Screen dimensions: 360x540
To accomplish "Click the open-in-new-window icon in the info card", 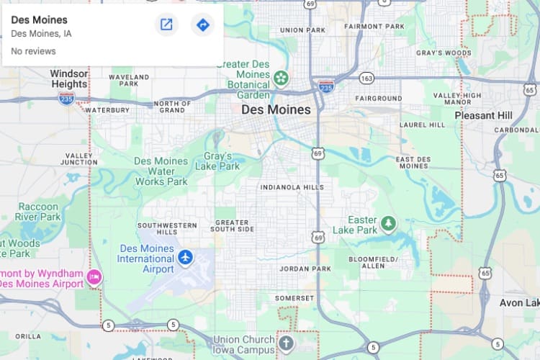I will pos(166,25).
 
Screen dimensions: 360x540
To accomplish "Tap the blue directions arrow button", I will pos(203,25).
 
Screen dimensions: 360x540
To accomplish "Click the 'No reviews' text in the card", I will pos(33,52).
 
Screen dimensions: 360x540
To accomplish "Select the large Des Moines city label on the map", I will pos(276,110).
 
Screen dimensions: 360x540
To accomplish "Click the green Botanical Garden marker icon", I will pos(281,77).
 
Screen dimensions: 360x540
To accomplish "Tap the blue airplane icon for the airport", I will pos(186,257).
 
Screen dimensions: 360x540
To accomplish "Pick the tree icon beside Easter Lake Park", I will pos(389,224).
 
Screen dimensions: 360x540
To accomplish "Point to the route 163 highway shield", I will pos(367,78).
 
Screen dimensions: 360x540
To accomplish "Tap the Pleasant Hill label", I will pos(483,115).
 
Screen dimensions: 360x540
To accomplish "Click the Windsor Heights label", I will pos(68,78).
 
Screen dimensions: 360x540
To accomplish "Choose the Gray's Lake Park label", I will pos(217,161).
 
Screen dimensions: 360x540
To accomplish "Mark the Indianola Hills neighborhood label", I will pos(292,187).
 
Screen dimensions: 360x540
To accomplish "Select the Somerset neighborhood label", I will pos(294,298).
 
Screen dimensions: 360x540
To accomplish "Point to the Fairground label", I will pos(379,98).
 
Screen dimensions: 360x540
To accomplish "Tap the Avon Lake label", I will pos(519,303).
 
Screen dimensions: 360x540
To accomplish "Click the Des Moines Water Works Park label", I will pos(161,171).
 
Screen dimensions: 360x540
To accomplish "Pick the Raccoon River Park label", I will pos(40,211).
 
